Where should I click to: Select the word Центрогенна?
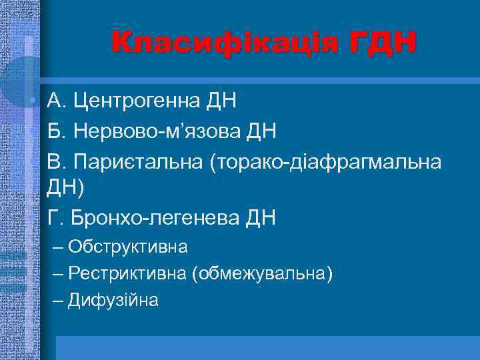pos(146,102)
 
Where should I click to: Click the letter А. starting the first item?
pos(56,102)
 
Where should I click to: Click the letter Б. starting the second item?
pos(56,132)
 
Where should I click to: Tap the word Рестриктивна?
pos(127,273)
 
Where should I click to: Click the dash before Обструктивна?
pos(57,247)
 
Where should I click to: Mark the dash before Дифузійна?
pos(57,300)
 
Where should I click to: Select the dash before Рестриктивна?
pos(57,273)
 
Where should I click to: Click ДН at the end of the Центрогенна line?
pos(222,102)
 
